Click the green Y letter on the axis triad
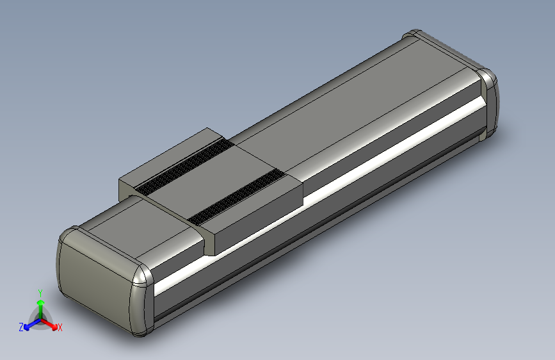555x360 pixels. coord(40,292)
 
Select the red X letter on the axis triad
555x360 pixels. coord(60,328)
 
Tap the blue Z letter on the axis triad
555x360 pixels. coord(21,327)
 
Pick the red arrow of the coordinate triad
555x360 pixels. coord(51,323)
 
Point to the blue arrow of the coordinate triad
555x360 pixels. coord(30,323)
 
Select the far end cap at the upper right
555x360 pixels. coord(490,102)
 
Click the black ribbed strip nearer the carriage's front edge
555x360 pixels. coord(237,199)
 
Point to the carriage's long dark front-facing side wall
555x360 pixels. coord(256,221)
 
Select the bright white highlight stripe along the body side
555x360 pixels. coord(320,192)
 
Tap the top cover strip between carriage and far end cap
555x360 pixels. coord(346,109)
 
